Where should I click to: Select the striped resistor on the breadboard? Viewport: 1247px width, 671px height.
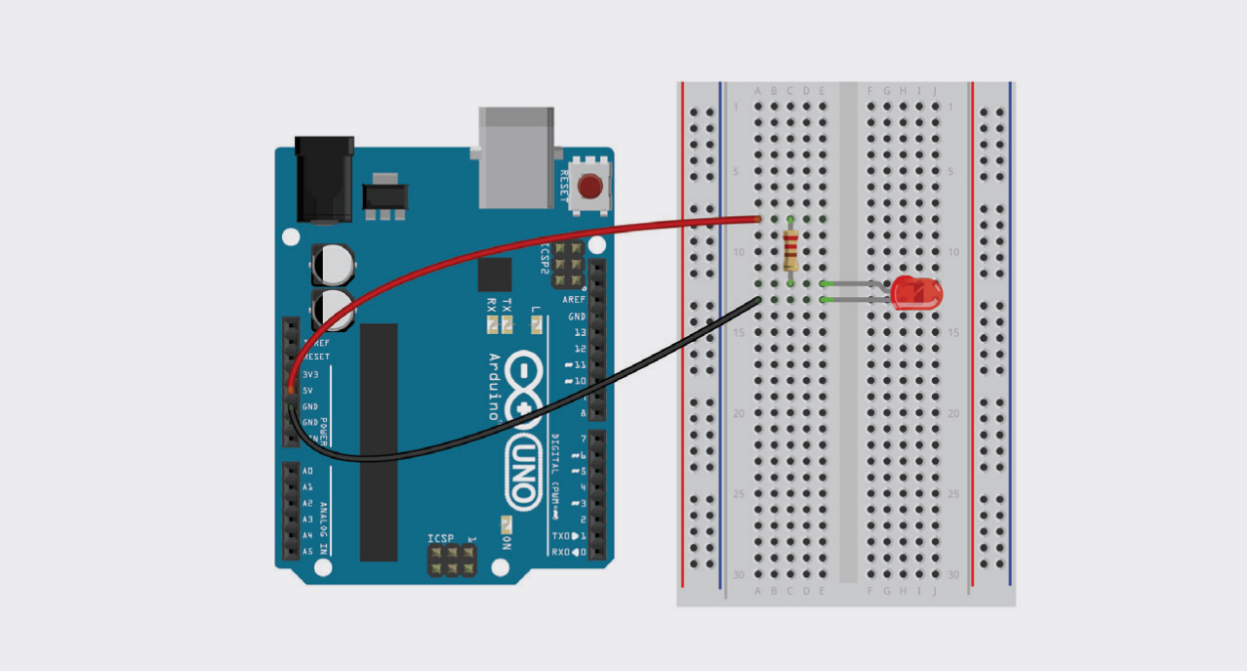(790, 249)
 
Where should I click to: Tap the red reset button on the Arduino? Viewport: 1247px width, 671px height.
(590, 186)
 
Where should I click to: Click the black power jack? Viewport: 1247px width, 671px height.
(325, 179)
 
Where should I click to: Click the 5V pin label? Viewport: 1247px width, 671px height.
(308, 391)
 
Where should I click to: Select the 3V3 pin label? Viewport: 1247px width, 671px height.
(310, 375)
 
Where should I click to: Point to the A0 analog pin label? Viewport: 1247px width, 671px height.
(307, 471)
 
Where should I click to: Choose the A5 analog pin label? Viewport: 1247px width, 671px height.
(307, 551)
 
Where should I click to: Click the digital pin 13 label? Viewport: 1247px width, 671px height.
(579, 332)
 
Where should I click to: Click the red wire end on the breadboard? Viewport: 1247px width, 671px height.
(758, 218)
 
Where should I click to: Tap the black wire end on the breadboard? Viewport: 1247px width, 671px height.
(758, 299)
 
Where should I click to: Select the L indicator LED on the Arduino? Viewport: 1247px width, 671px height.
(536, 324)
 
